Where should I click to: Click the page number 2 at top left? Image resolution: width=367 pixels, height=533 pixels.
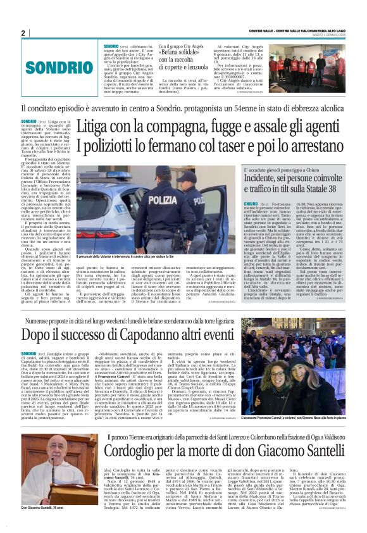(x=23, y=33)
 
